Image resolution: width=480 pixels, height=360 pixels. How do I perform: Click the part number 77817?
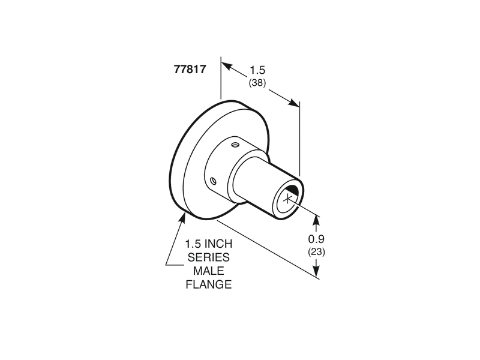tap(190, 69)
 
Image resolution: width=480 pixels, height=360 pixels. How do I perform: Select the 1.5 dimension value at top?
tap(257, 70)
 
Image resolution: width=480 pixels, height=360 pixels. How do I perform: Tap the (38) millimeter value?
tap(257, 83)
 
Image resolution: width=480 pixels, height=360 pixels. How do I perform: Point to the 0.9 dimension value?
tap(316, 239)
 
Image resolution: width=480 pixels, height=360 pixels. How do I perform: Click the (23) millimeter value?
tap(316, 252)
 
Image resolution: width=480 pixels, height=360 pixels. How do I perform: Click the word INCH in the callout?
tap(218, 244)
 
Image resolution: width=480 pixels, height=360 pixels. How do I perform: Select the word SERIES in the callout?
tap(208, 257)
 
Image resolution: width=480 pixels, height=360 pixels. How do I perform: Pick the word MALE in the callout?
tap(208, 271)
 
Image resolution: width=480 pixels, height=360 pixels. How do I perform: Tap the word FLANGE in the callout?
tap(208, 284)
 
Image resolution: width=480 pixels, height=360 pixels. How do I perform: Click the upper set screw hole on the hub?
tap(235, 144)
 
